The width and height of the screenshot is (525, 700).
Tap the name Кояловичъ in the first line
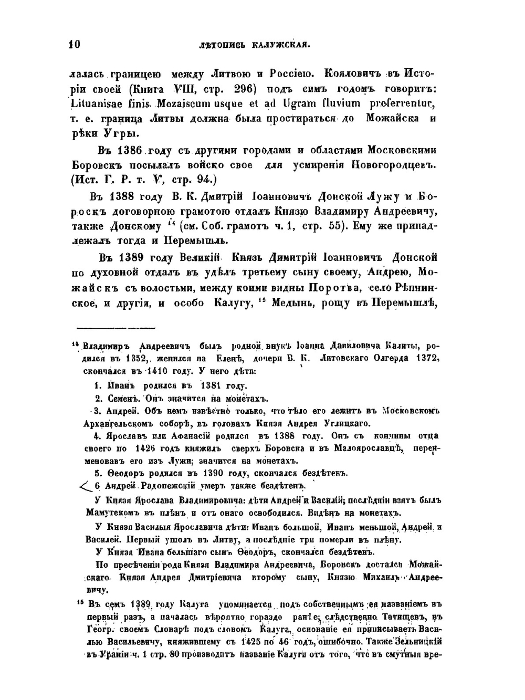coord(355,74)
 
